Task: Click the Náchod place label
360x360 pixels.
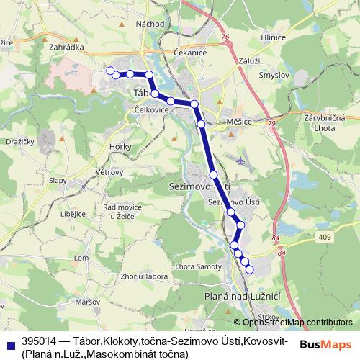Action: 150,23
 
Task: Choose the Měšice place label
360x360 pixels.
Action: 239,122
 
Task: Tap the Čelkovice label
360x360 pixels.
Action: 151,109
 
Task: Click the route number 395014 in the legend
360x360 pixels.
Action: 40,341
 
